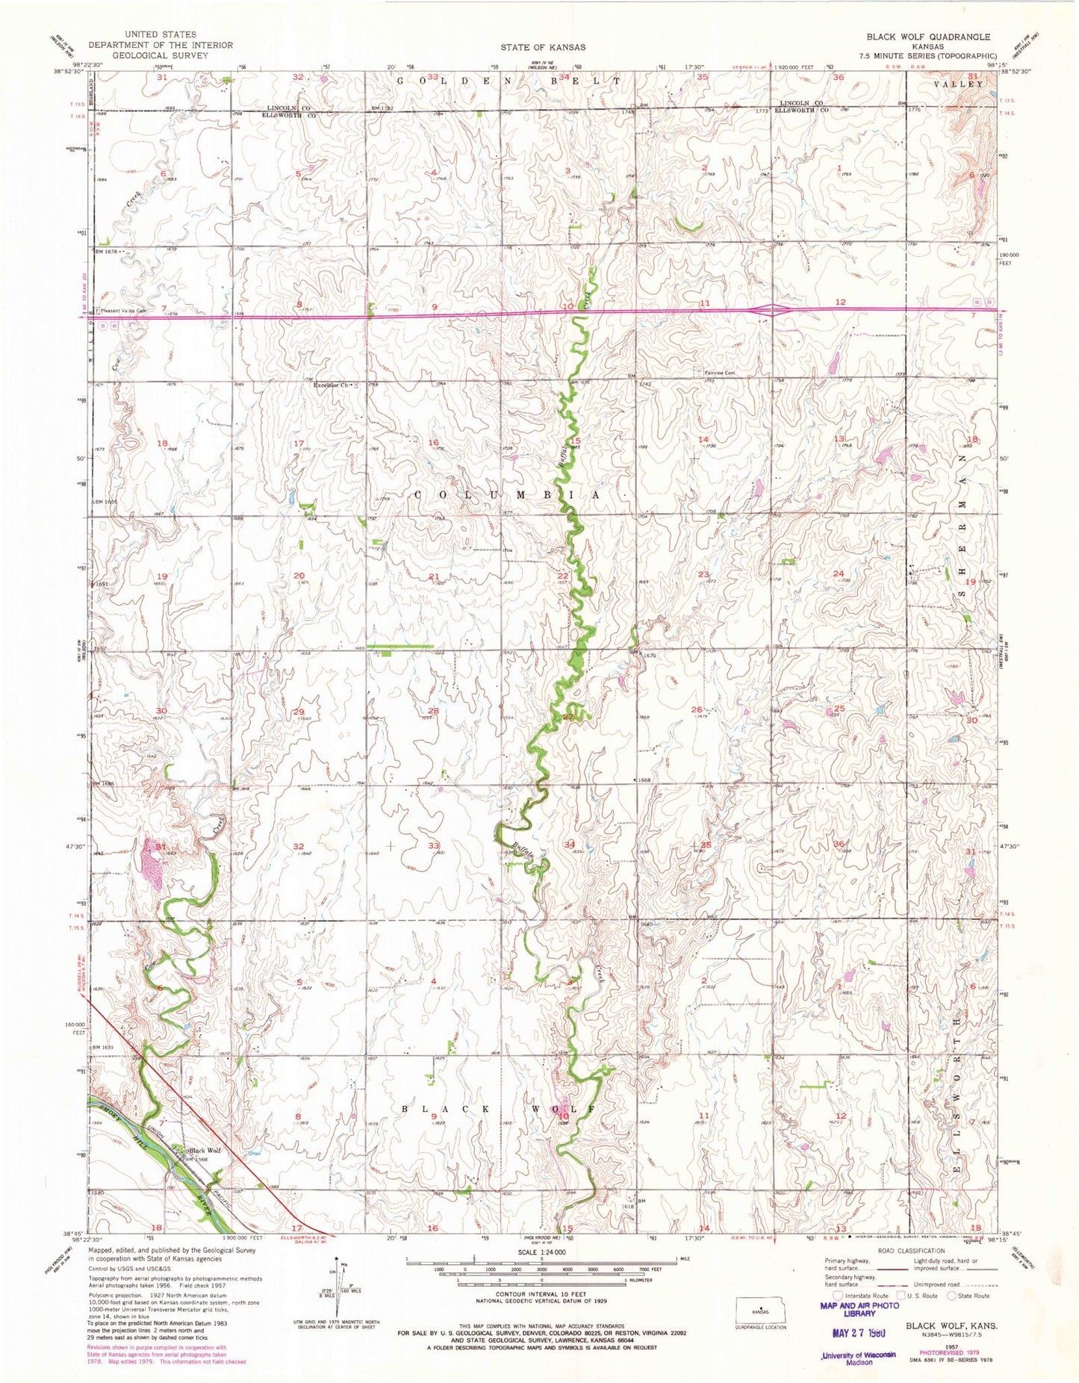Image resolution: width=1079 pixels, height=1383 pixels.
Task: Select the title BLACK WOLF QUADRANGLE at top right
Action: pos(928,37)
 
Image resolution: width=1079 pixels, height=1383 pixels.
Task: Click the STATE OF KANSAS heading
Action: pos(543,47)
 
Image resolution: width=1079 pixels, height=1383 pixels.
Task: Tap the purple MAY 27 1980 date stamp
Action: pos(857,1332)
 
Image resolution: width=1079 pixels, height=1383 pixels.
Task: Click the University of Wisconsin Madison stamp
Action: pos(857,1358)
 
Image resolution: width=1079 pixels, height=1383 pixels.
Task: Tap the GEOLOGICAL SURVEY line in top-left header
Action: pos(160,55)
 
